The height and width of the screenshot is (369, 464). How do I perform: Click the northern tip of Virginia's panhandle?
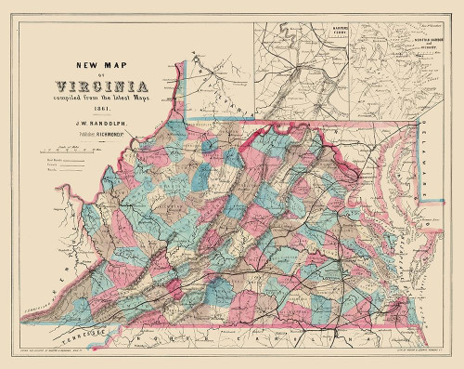[x=191, y=59]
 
